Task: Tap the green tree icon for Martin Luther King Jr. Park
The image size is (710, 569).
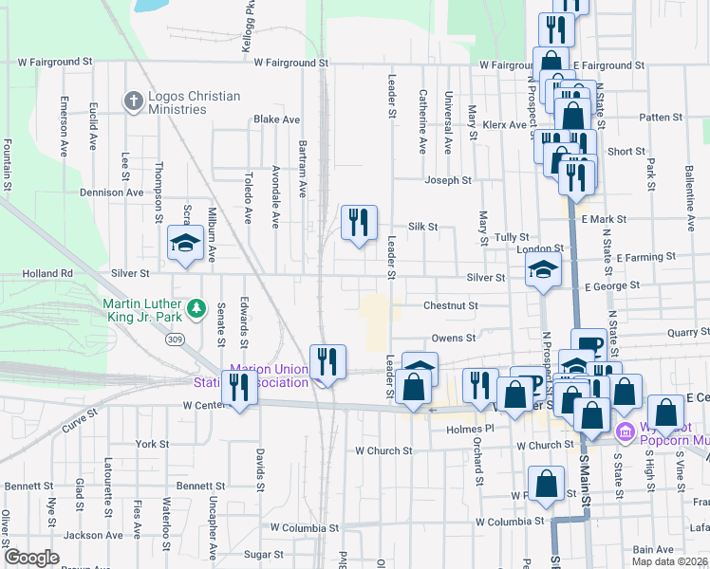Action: click(x=196, y=307)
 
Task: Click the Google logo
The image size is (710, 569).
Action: click(x=32, y=557)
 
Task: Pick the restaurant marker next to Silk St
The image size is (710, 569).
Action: click(x=359, y=224)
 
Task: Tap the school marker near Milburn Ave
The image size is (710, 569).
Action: click(x=186, y=245)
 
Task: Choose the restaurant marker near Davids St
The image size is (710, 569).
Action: click(x=237, y=387)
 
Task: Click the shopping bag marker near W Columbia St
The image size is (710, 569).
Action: click(x=548, y=484)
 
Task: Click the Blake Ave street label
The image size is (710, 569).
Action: click(x=276, y=119)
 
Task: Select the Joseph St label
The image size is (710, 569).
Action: click(x=448, y=180)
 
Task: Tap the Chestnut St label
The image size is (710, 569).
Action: click(x=450, y=306)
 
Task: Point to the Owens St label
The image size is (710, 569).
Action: click(x=453, y=338)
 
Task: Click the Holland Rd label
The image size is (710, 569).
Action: click(x=47, y=273)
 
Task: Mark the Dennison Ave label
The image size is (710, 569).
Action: click(x=115, y=192)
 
